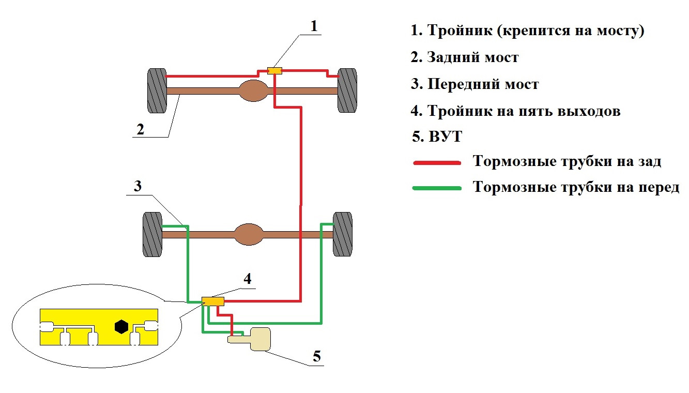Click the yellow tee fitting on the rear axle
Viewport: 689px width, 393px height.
pos(274,70)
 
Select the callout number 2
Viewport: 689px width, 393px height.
pos(140,129)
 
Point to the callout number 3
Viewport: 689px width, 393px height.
pos(137,186)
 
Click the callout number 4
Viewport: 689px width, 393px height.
pos(248,279)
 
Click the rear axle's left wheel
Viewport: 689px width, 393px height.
pos(157,90)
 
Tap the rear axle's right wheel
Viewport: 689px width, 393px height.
pos(347,90)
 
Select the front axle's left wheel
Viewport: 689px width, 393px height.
pos(152,234)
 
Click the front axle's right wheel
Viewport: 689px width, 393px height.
pos(343,234)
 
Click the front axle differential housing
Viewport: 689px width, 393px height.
pos(249,234)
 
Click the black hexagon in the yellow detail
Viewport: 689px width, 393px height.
pos(122,326)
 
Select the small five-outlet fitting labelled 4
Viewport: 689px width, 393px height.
pos(212,301)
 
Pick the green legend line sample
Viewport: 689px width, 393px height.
pos(437,188)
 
